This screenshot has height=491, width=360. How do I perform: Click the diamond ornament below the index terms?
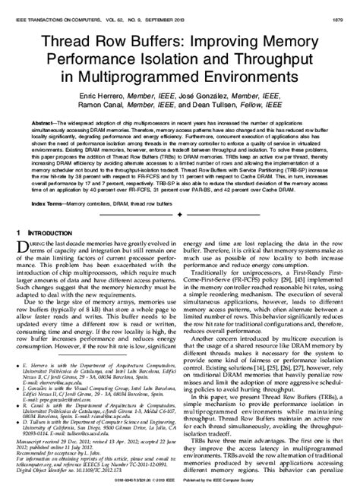click(181, 216)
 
